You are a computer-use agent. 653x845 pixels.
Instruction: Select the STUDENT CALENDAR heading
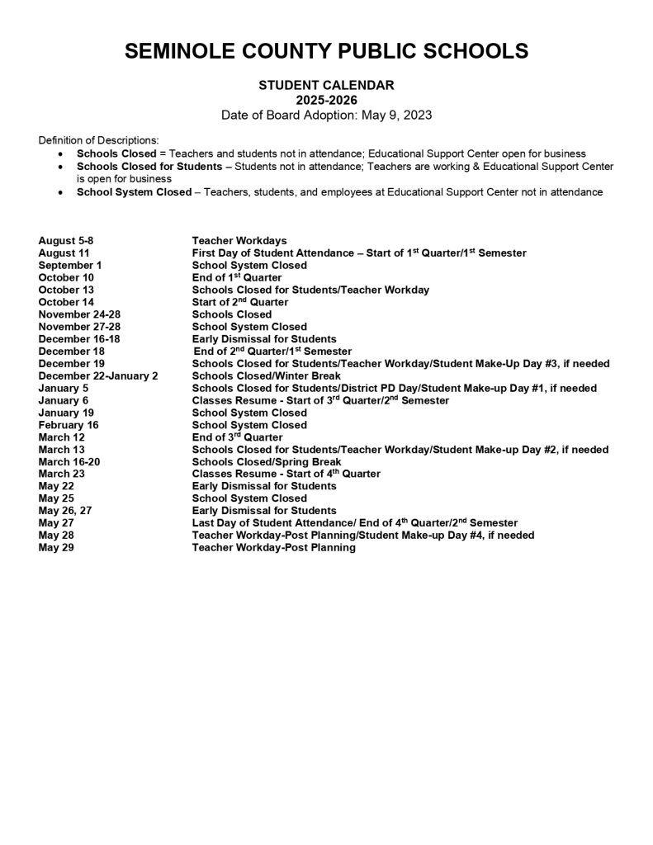[326, 84]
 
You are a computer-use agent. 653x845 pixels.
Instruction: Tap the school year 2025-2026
[326, 100]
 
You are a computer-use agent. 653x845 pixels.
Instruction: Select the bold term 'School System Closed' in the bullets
[134, 192]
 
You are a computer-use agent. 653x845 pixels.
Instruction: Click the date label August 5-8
[72, 241]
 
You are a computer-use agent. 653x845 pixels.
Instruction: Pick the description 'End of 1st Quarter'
[237, 277]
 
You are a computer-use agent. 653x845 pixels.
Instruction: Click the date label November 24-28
[79, 314]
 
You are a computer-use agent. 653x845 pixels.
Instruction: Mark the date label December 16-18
[79, 339]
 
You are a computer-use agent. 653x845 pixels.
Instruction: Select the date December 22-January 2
[98, 375]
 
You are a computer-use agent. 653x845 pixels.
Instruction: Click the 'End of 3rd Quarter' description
[238, 437]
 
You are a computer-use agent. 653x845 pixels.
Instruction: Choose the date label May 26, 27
[65, 511]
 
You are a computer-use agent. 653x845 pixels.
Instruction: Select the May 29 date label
[56, 548]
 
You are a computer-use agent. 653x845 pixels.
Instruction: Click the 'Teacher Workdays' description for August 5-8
[239, 241]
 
